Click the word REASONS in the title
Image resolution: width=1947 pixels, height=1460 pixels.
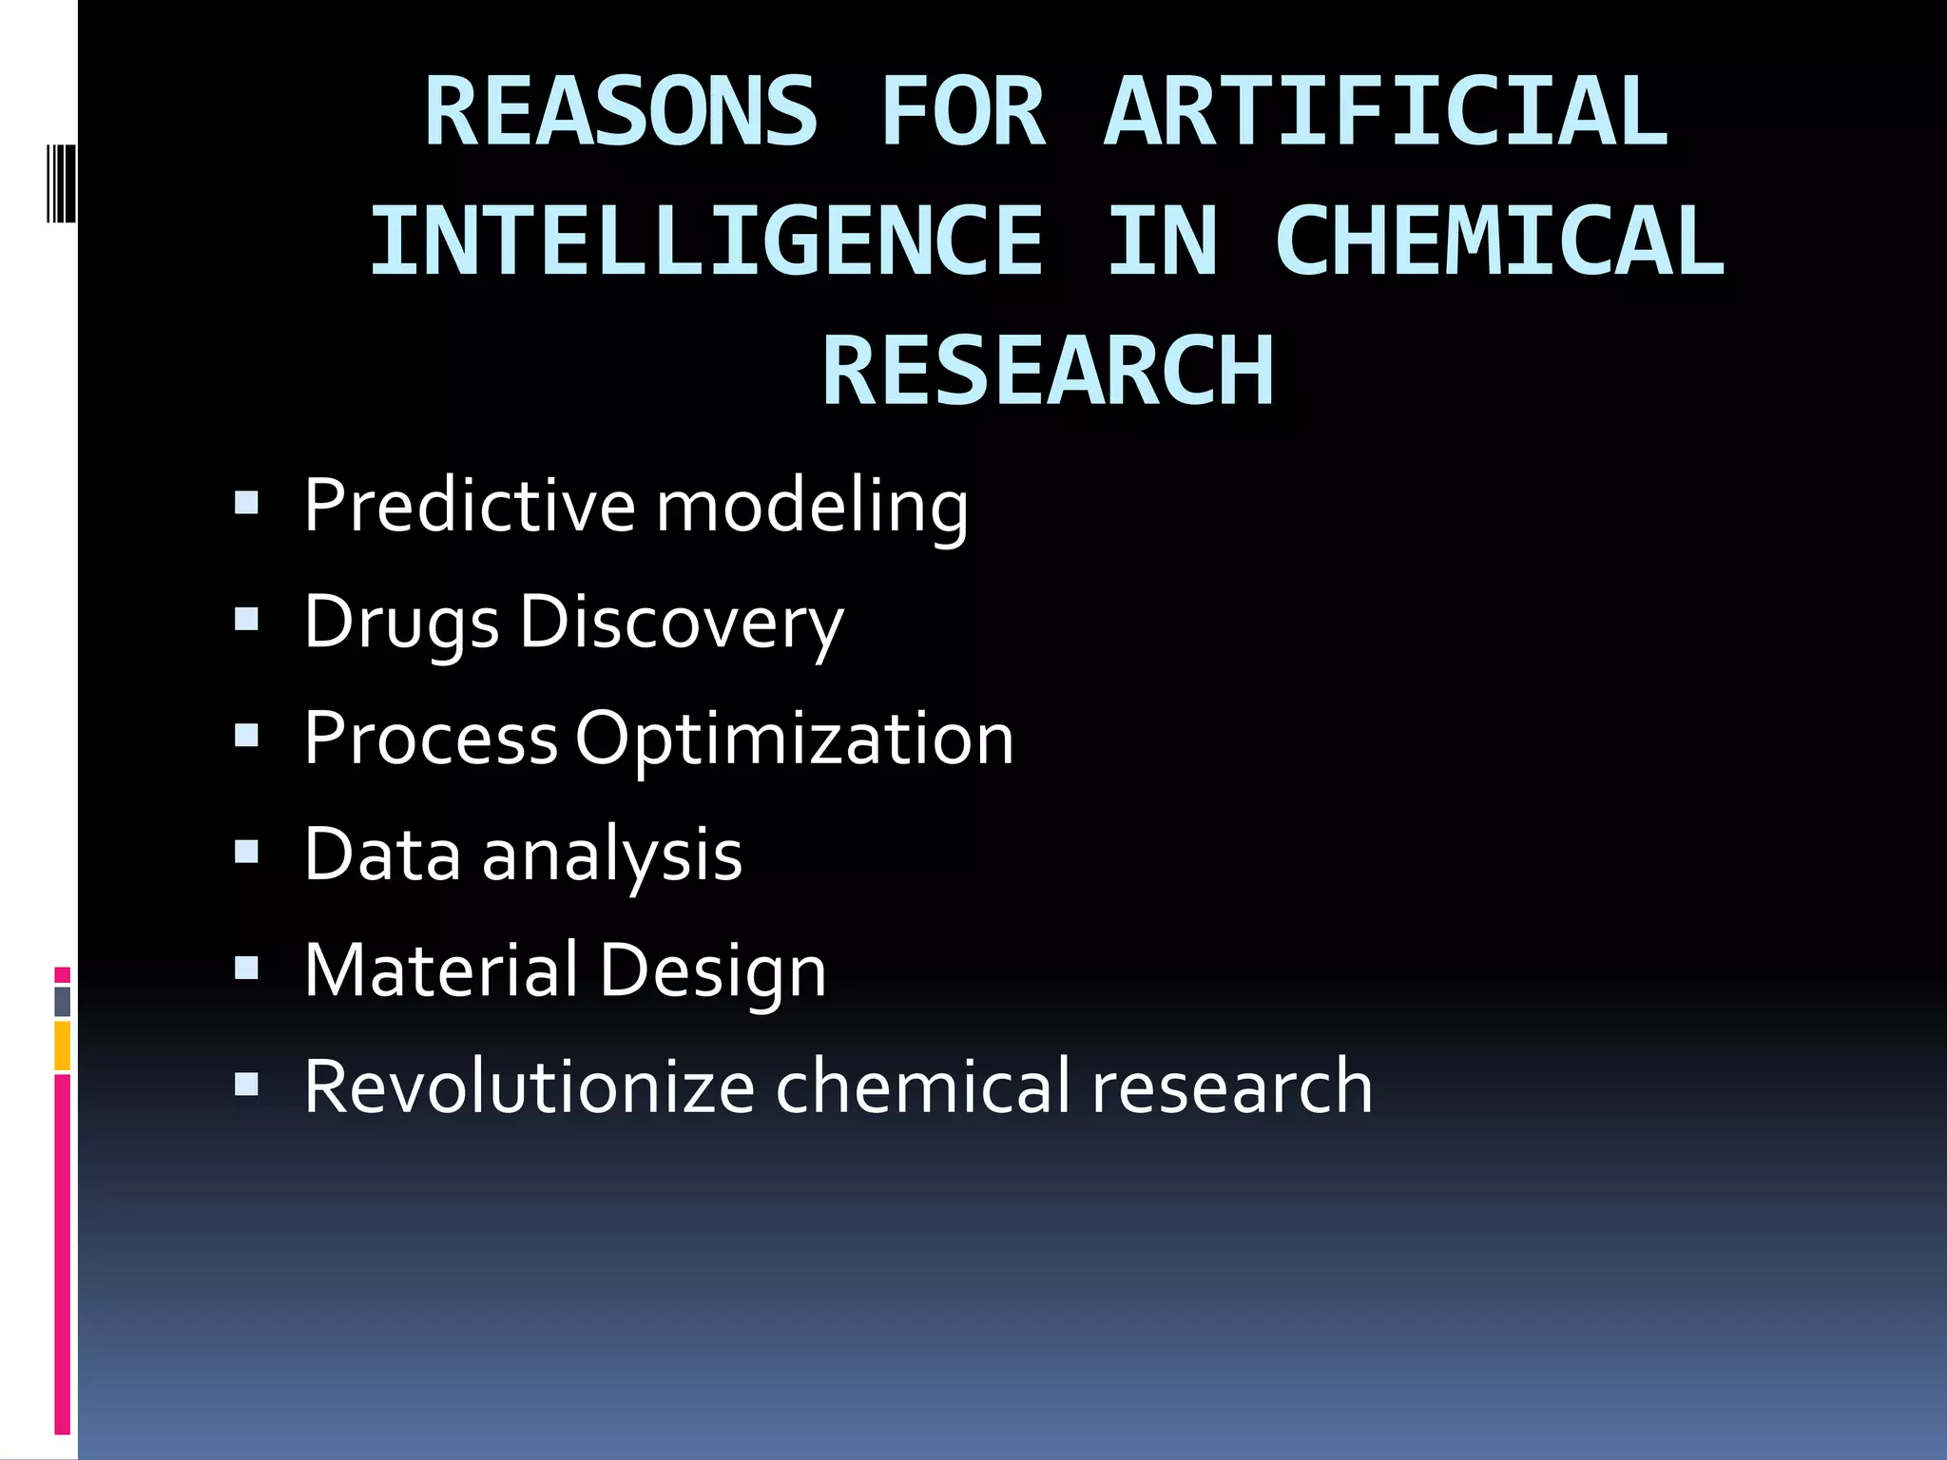(x=620, y=112)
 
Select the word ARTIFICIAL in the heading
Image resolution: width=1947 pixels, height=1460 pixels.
(x=1385, y=112)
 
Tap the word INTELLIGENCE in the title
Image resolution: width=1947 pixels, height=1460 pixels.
(x=706, y=241)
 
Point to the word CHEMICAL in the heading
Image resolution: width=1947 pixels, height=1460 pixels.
(x=1499, y=241)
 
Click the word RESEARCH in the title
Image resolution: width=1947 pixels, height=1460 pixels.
(x=1048, y=371)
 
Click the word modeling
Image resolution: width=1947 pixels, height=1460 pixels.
(x=813, y=507)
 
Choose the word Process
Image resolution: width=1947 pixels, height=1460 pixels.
(x=431, y=739)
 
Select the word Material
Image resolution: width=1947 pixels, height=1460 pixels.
(x=440, y=970)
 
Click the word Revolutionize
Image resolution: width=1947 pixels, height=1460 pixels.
(x=529, y=1086)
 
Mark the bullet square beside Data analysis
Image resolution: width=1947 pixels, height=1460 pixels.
(x=247, y=852)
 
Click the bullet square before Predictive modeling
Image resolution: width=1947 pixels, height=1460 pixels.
(x=247, y=502)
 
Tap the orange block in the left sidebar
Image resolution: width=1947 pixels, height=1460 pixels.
(x=63, y=1046)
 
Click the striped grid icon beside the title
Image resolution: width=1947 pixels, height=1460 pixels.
(x=61, y=182)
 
